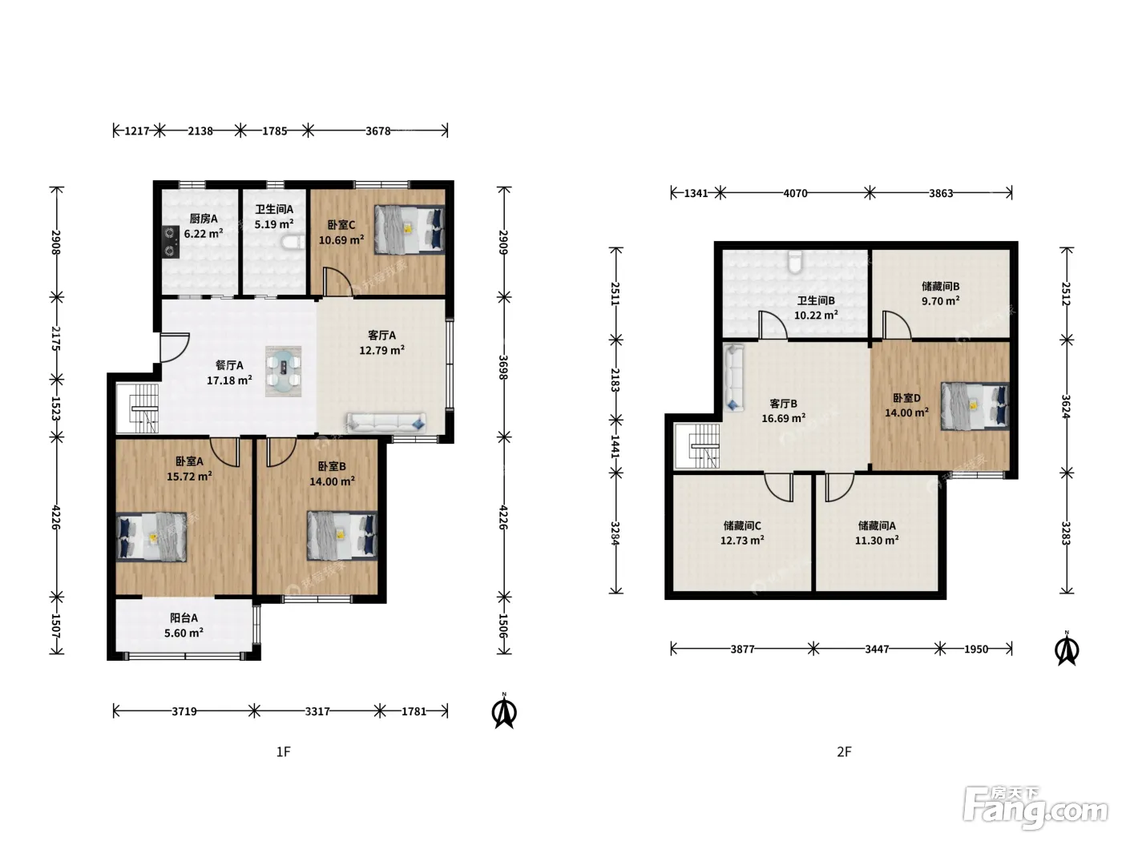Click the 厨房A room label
[x=204, y=219]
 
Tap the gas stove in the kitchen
[x=171, y=242]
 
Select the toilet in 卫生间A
[x=293, y=242]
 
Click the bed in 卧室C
[x=410, y=229]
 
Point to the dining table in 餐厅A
[x=283, y=371]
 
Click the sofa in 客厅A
[x=386, y=422]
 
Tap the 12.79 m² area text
[x=381, y=350]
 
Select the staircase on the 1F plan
[x=138, y=408]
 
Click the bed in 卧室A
[x=151, y=537]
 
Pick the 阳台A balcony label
[x=184, y=618]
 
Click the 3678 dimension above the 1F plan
[x=377, y=131]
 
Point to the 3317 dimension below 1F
[x=317, y=711]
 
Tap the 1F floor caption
[x=283, y=751]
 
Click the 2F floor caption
[x=844, y=751]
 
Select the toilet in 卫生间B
[x=795, y=260]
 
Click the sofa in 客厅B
[x=733, y=378]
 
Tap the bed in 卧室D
[x=975, y=406]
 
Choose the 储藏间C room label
[x=742, y=525]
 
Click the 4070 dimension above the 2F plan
[x=795, y=194]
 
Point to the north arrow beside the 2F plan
[x=1067, y=649]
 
